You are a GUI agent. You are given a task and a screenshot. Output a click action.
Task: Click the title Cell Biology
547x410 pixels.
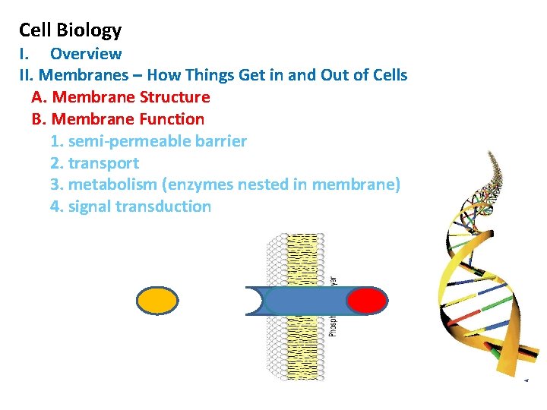[x=70, y=30]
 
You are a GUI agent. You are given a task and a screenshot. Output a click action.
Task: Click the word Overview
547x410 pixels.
[x=86, y=54]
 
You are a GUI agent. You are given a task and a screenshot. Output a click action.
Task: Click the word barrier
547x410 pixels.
[x=217, y=141]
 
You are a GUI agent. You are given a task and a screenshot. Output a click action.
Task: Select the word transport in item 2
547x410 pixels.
[x=103, y=163]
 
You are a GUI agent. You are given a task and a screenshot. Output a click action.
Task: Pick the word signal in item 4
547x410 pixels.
[x=90, y=207]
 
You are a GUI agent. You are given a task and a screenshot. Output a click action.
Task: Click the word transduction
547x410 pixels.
[x=163, y=207]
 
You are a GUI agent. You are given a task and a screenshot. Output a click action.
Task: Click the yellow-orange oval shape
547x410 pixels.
[x=157, y=301]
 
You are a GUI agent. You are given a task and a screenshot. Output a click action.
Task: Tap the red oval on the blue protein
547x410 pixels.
[x=366, y=301]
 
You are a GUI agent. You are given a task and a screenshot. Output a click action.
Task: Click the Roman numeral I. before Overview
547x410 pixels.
[x=24, y=54]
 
